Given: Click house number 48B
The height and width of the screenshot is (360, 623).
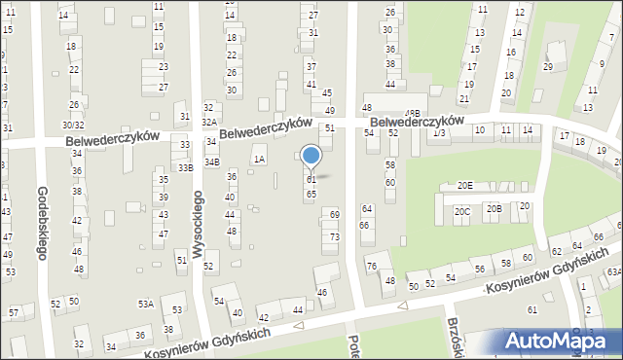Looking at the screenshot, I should tap(413, 114).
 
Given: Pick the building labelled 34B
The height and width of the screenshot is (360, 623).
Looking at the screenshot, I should tap(211, 162).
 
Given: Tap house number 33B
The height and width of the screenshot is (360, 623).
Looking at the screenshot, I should tap(185, 167).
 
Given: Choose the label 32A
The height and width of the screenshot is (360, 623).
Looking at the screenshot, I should tap(208, 122).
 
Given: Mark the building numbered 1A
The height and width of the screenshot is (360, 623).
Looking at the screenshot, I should tap(258, 159).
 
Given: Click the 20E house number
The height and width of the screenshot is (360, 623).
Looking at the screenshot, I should tap(464, 186).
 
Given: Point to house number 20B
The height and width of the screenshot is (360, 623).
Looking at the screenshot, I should tap(494, 208).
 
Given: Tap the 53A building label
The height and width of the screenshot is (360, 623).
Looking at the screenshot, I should tap(145, 305).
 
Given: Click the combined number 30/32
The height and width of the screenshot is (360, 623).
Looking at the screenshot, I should tap(73, 125).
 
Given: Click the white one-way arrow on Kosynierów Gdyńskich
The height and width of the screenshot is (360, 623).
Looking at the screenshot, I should tap(402, 306).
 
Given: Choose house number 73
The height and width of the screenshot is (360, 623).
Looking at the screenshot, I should tap(334, 237).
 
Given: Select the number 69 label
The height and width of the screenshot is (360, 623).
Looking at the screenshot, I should tap(334, 214).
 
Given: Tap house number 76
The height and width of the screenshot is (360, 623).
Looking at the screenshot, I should tap(371, 266).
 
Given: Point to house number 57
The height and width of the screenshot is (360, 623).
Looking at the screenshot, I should tap(14, 312).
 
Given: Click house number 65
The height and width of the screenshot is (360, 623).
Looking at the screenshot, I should tap(311, 194).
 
